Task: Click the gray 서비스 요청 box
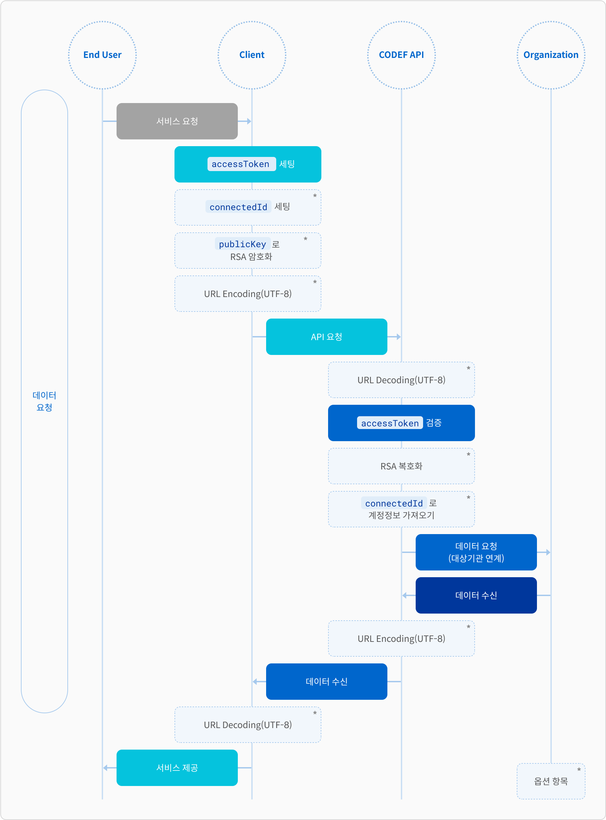point(177,121)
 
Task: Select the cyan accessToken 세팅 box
point(248,164)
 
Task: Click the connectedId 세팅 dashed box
point(248,207)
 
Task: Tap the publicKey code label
point(243,244)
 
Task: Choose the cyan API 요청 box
point(326,337)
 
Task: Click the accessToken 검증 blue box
point(401,423)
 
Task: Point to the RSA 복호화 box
point(401,466)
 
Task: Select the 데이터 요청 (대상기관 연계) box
point(476,552)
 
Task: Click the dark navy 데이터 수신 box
point(476,595)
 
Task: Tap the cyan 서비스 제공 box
point(177,767)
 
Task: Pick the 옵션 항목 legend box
point(551,781)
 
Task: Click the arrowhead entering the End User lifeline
point(105,767)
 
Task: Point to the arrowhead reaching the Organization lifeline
point(548,552)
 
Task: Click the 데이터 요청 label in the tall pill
point(44,401)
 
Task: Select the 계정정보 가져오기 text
point(401,515)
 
